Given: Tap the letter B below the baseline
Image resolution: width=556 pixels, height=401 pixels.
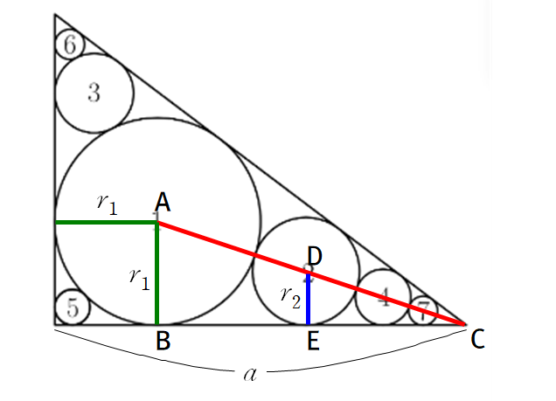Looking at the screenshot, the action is point(163,341).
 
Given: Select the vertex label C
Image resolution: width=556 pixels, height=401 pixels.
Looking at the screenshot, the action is point(477,340).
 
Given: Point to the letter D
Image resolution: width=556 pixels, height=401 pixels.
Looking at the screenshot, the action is point(316,257).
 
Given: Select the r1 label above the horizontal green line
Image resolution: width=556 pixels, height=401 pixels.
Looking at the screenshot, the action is point(106,204).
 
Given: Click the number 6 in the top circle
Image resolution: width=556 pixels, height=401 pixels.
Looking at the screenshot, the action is point(69,44).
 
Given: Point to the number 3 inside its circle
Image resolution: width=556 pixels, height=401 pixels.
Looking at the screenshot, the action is point(94,93).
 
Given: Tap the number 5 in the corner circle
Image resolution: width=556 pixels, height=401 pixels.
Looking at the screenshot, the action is point(73,307).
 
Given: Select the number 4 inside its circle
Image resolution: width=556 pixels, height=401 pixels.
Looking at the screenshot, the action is point(383,298).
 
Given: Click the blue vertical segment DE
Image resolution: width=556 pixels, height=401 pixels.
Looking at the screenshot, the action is point(309,301).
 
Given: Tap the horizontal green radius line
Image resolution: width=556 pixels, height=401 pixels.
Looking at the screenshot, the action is point(105,223).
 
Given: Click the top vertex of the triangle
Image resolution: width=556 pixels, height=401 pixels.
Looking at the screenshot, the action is point(54,15).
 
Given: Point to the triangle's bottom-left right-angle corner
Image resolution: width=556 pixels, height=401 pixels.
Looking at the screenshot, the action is point(54,324).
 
